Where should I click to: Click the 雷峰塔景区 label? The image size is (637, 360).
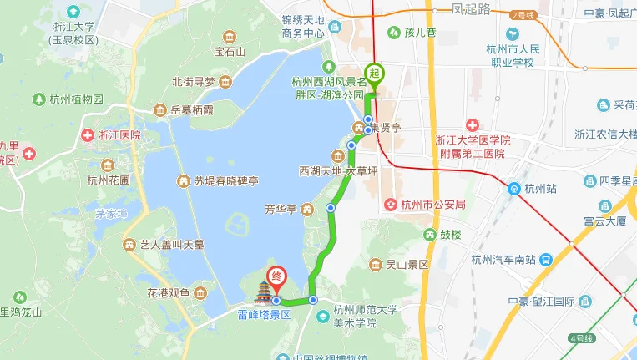tap(262, 316)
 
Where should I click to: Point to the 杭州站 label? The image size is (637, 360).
tap(541, 189)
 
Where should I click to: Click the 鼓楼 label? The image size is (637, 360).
tap(449, 235)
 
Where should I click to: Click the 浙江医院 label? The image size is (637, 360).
tap(119, 135)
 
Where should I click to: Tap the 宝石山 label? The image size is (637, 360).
tap(230, 52)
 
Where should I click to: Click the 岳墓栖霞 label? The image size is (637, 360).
tap(192, 109)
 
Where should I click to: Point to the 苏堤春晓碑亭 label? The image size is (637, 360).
tap(226, 180)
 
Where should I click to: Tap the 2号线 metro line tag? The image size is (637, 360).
tap(524, 15)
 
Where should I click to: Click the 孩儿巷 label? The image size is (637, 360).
tap(421, 33)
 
